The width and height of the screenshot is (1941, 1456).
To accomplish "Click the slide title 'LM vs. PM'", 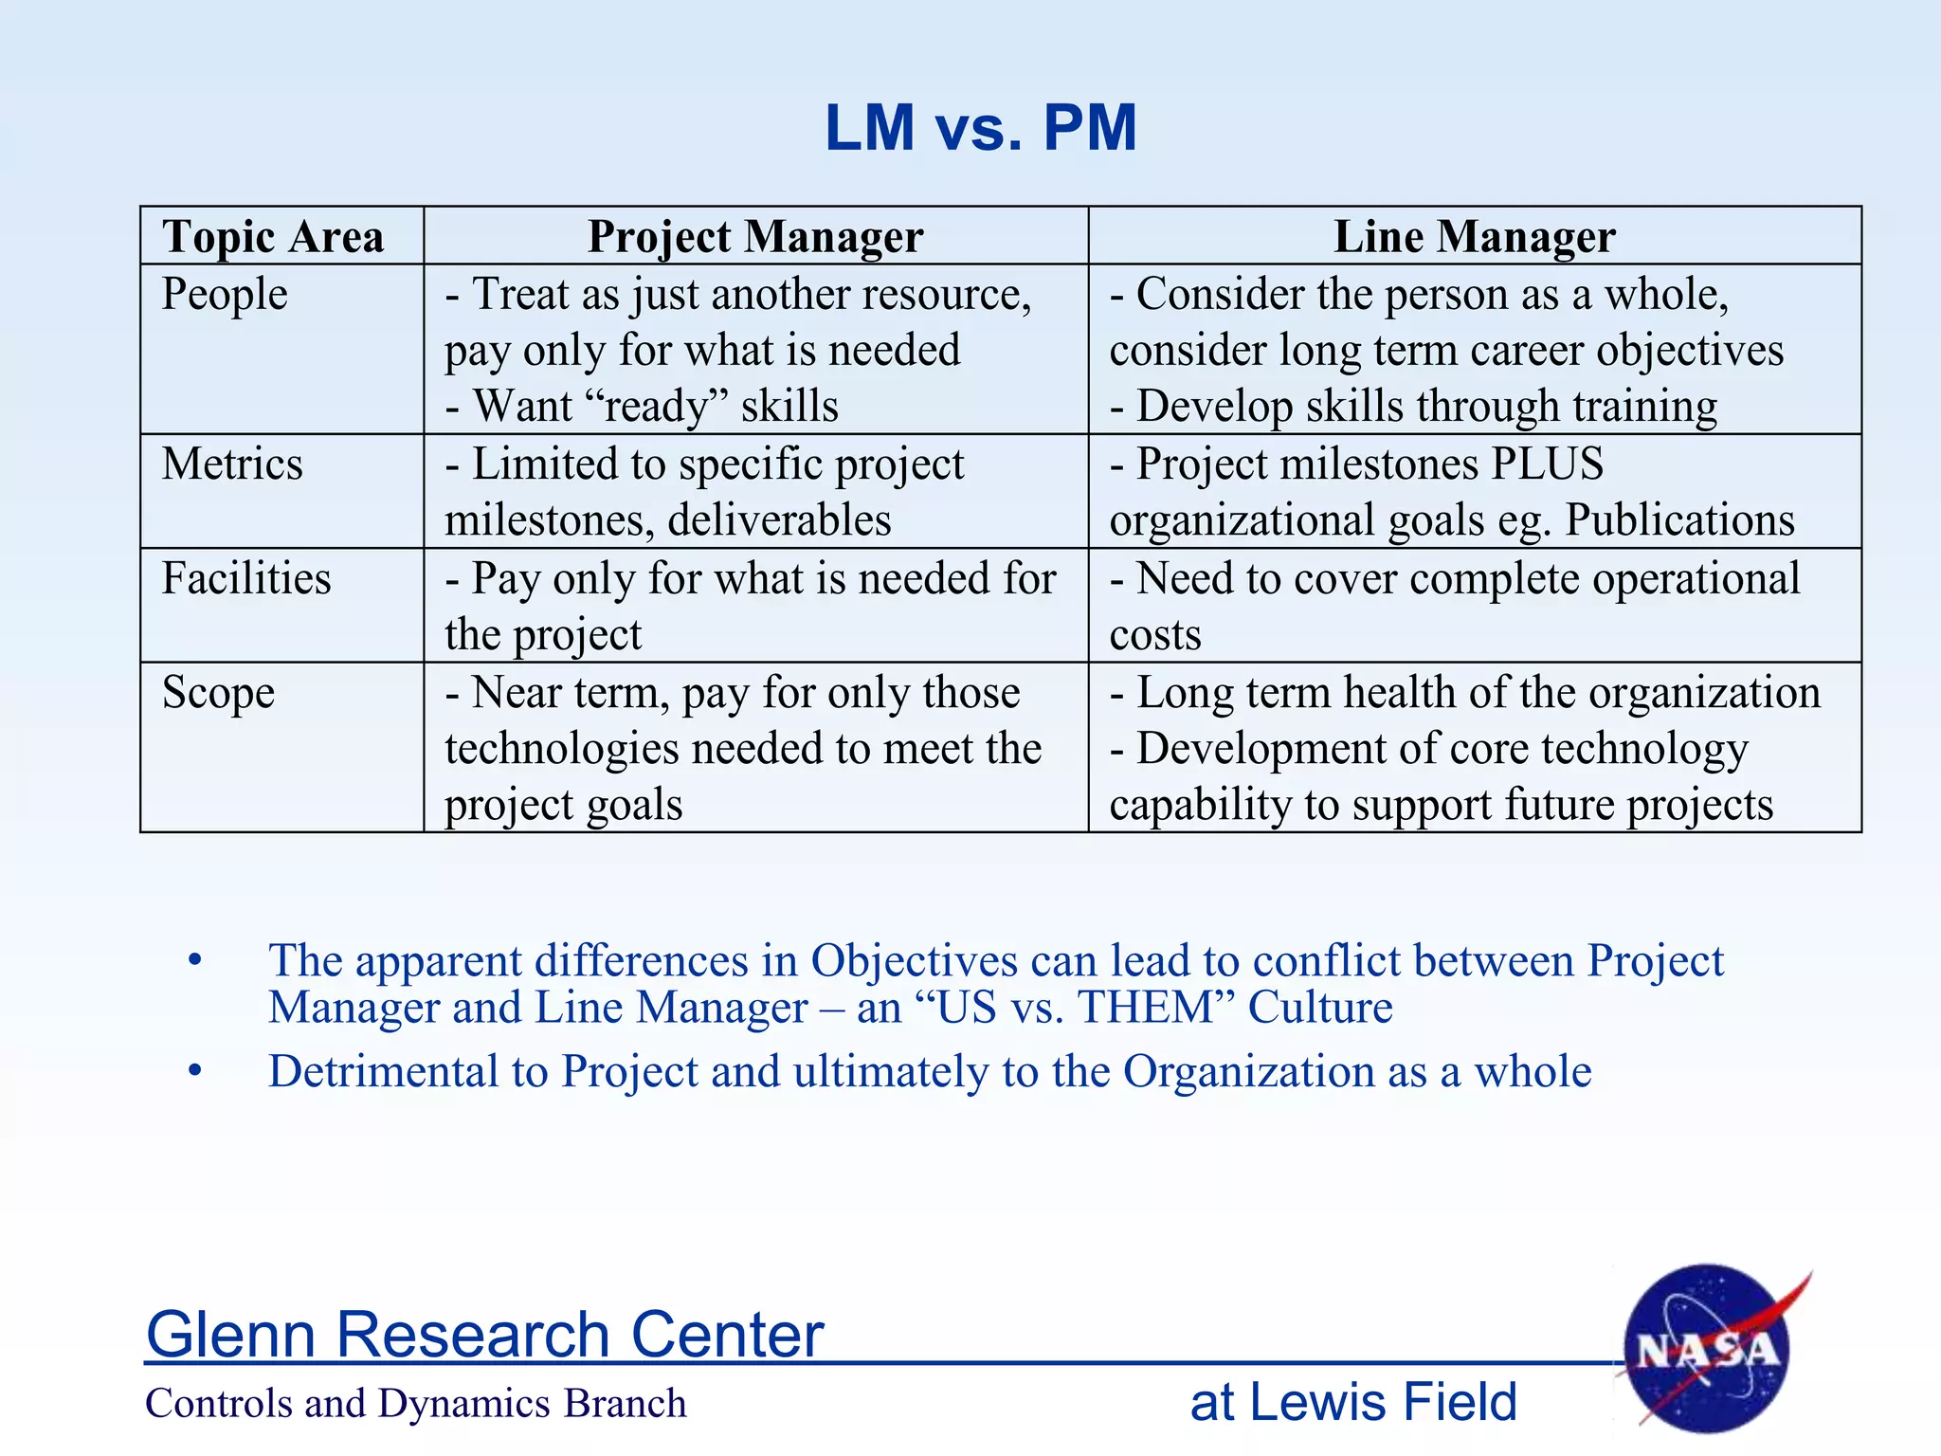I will [x=980, y=128].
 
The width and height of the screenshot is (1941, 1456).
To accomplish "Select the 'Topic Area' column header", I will [x=273, y=236].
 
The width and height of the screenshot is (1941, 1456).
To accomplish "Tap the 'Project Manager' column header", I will [x=755, y=236].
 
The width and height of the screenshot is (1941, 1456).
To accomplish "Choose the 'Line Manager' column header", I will [x=1475, y=236].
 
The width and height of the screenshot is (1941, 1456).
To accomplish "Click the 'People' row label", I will [x=225, y=294].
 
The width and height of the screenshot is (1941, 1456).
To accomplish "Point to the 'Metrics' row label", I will [x=232, y=464].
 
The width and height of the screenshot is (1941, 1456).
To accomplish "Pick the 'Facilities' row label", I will [x=246, y=578].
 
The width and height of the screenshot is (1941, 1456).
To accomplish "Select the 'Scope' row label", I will [x=218, y=693].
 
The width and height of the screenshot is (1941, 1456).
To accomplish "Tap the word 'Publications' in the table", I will [x=1679, y=520].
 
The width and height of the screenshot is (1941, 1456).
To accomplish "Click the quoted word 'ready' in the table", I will [x=658, y=407].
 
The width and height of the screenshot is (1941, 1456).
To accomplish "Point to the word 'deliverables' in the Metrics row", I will [x=779, y=520].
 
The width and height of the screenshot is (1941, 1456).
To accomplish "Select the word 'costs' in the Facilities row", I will [x=1155, y=634].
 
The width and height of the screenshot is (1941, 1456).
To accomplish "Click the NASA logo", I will [x=1707, y=1350].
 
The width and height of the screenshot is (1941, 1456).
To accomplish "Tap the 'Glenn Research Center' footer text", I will [x=484, y=1335].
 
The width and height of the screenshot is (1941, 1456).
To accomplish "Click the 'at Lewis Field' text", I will [x=1353, y=1402].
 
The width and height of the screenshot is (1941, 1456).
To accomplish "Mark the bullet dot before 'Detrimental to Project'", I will [x=195, y=1071].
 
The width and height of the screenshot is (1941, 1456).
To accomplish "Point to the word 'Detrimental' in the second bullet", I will [x=383, y=1072].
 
